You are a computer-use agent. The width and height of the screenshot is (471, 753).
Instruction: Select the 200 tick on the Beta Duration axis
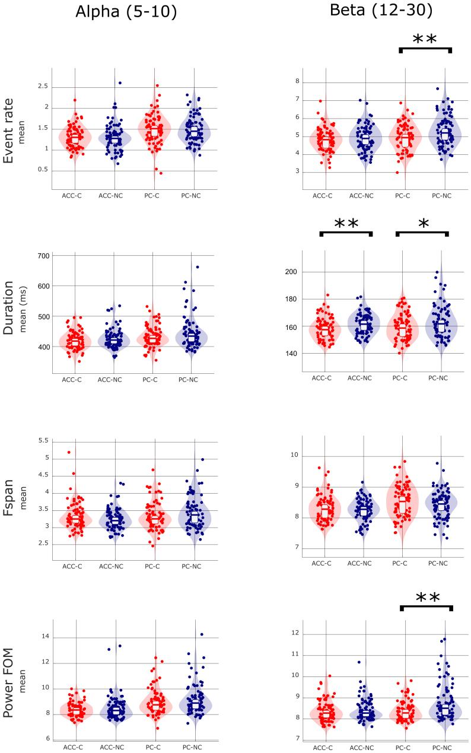click(x=308, y=272)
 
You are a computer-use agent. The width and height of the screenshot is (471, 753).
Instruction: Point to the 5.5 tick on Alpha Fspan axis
click(x=43, y=440)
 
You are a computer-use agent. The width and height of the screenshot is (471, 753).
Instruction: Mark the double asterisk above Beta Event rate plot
click(x=424, y=40)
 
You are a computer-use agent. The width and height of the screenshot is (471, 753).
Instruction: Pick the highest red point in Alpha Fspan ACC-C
click(x=69, y=452)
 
